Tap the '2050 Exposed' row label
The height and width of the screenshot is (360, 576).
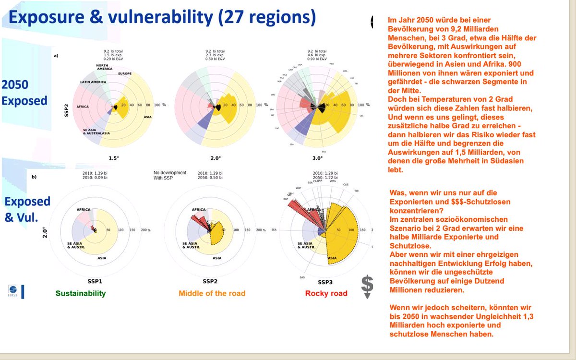pos(24,93)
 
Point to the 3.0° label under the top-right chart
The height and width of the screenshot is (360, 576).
pos(318,157)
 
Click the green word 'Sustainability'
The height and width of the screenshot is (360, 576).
pos(81,293)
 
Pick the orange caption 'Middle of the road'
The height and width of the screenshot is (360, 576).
pos(212,293)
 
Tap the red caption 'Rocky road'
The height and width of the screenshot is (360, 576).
pos(326,293)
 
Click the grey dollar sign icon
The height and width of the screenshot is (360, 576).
pos(367,286)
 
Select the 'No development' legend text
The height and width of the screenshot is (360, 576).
pos(170,172)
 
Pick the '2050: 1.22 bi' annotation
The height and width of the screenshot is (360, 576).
pos(326,178)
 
